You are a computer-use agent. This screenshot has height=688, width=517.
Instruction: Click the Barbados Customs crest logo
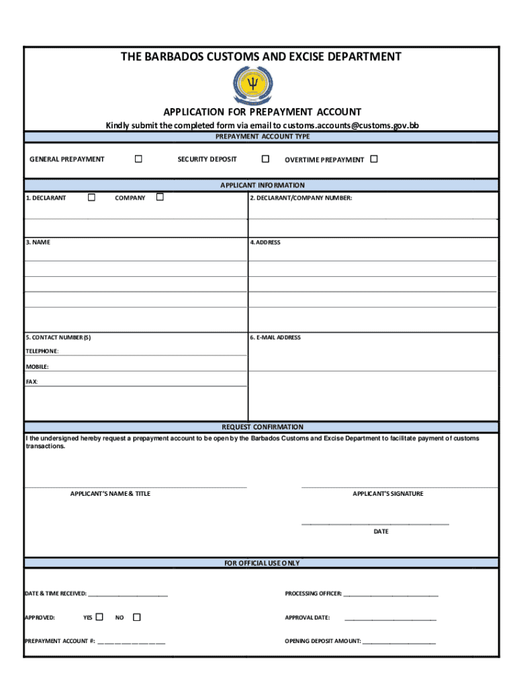(x=254, y=85)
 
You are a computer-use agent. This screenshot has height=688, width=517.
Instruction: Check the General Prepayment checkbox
(x=138, y=159)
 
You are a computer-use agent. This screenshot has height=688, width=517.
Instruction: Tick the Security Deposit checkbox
(x=265, y=159)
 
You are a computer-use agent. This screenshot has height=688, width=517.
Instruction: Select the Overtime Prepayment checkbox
(x=374, y=159)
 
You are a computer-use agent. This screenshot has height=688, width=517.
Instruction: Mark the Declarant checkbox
(x=91, y=198)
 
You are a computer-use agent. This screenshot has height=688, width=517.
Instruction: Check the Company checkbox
(x=160, y=198)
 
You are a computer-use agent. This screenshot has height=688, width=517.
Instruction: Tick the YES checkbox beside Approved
(x=99, y=617)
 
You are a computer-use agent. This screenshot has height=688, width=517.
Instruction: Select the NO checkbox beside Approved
(x=136, y=617)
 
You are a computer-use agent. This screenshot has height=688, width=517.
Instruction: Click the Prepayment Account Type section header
(x=262, y=136)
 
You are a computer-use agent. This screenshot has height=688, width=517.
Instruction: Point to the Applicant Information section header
(x=262, y=185)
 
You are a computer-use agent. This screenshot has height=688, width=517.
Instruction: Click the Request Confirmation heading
(x=262, y=427)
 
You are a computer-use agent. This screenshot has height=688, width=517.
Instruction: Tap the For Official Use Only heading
(x=262, y=563)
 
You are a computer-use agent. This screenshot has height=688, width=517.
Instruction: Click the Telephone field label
(x=42, y=351)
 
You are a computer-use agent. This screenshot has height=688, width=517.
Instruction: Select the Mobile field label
(x=37, y=367)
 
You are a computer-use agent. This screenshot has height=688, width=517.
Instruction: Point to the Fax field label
(x=32, y=382)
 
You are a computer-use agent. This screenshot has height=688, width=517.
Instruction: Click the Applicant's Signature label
(x=387, y=494)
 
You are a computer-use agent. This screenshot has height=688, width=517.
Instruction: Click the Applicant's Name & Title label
(x=110, y=494)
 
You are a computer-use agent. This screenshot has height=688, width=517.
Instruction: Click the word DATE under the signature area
(x=381, y=531)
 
